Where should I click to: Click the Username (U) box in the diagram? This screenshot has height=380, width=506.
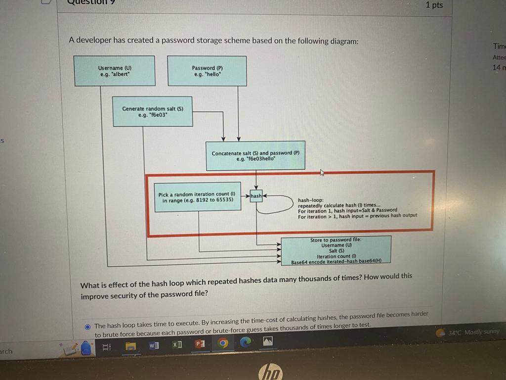[114, 70]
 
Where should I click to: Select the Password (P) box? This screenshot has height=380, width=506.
[207, 71]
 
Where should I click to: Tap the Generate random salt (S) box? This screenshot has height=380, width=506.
[153, 111]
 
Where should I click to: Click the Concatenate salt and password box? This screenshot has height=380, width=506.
[255, 156]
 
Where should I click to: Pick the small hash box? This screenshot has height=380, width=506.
[256, 196]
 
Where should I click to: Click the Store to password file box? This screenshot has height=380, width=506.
[336, 250]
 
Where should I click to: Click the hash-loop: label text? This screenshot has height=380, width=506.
[310, 200]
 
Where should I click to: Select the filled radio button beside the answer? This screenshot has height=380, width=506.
[87, 326]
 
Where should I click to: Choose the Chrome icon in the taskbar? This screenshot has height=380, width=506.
[223, 343]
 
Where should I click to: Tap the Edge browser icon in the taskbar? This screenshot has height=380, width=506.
[246, 342]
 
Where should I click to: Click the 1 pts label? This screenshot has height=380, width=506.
[434, 5]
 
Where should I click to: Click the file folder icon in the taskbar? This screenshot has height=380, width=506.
[129, 347]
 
